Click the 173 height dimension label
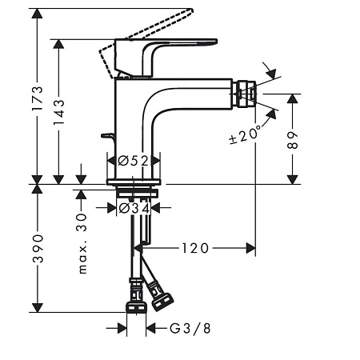click(38, 98)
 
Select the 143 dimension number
click(59, 112)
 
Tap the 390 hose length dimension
click(38, 249)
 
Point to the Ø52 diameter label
click(133, 161)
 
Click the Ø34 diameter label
click(134, 208)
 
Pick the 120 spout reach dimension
click(195, 248)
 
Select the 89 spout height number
click(293, 140)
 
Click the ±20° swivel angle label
click(245, 134)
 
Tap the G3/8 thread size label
click(190, 328)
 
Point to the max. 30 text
click(82, 243)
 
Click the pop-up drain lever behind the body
click(108, 136)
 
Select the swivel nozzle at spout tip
click(244, 94)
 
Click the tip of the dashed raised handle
click(191, 10)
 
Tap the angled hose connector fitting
click(160, 297)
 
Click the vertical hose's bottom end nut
click(136, 307)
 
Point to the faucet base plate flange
click(134, 182)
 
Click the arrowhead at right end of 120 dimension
click(250, 248)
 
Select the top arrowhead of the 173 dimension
click(37, 14)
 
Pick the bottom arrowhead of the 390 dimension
click(37, 307)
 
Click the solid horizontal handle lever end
click(214, 42)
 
